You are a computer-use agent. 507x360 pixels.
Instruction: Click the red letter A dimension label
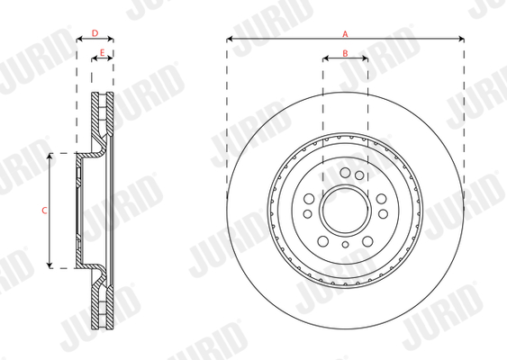(346, 32)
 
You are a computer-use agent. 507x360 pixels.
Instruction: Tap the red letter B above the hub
(346, 54)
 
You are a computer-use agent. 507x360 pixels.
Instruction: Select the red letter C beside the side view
(44, 210)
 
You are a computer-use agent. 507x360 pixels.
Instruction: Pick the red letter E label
(103, 54)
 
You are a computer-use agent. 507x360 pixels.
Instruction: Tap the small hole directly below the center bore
(346, 244)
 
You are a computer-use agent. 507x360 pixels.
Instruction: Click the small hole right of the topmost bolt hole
(358, 174)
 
